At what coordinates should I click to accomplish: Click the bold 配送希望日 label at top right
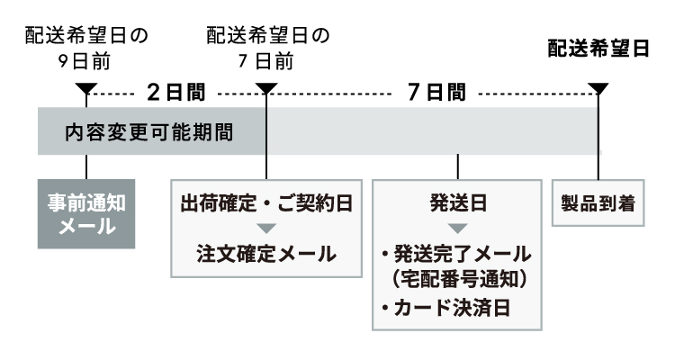(598, 49)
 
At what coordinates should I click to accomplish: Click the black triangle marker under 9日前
(86, 89)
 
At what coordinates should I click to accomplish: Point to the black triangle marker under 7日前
(267, 89)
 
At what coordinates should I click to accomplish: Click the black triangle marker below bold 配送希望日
(598, 89)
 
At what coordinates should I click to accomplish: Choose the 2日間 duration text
(175, 92)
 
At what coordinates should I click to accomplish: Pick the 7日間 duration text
(436, 92)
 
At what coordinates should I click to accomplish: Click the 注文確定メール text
(266, 253)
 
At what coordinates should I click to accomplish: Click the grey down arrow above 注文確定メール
(266, 228)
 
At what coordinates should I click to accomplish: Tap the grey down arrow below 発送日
(458, 228)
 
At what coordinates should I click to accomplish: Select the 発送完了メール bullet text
(458, 253)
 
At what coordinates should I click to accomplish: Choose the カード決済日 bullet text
(445, 308)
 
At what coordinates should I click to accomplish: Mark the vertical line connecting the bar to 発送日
(458, 166)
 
